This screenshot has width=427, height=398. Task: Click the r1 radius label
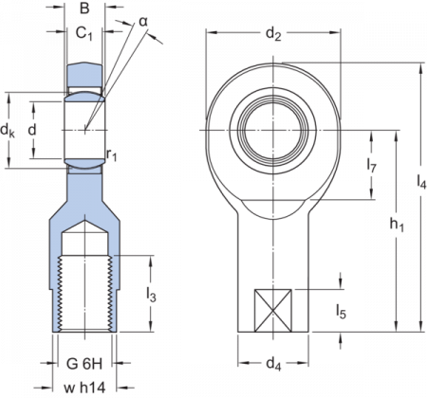tap(111, 152)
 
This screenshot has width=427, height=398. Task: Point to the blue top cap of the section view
tap(84, 74)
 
